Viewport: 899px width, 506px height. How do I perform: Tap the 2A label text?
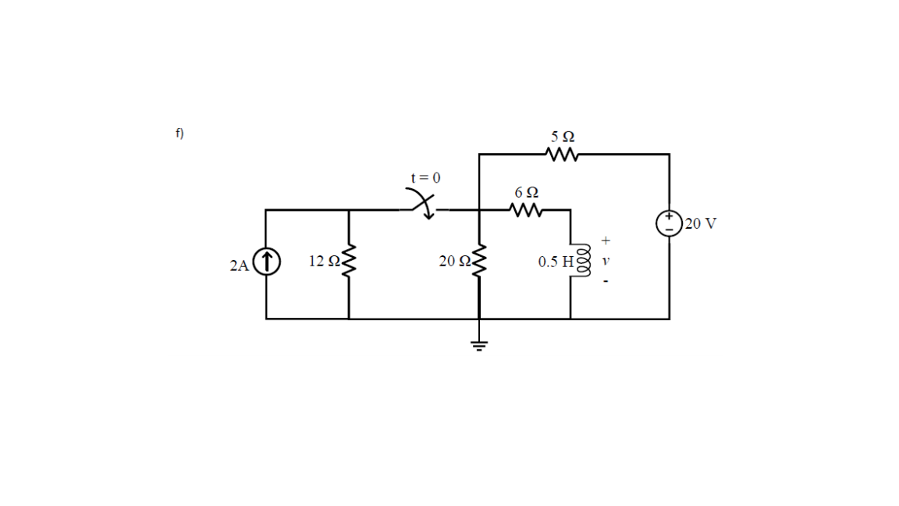click(x=239, y=265)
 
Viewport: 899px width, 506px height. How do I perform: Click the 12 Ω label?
click(x=322, y=261)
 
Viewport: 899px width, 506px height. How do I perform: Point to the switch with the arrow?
click(x=423, y=205)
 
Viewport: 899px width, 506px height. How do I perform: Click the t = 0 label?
click(x=425, y=177)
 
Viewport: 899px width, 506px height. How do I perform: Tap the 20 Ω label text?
click(x=453, y=262)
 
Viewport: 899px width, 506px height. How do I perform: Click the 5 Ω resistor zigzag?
click(x=562, y=154)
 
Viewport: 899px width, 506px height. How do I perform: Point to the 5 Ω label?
click(x=562, y=136)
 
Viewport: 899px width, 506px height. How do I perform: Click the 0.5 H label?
click(x=555, y=262)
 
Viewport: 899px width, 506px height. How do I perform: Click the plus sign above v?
click(x=605, y=241)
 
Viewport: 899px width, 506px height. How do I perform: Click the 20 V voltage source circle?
click(x=669, y=223)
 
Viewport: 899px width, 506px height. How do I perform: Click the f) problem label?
click(x=179, y=134)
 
